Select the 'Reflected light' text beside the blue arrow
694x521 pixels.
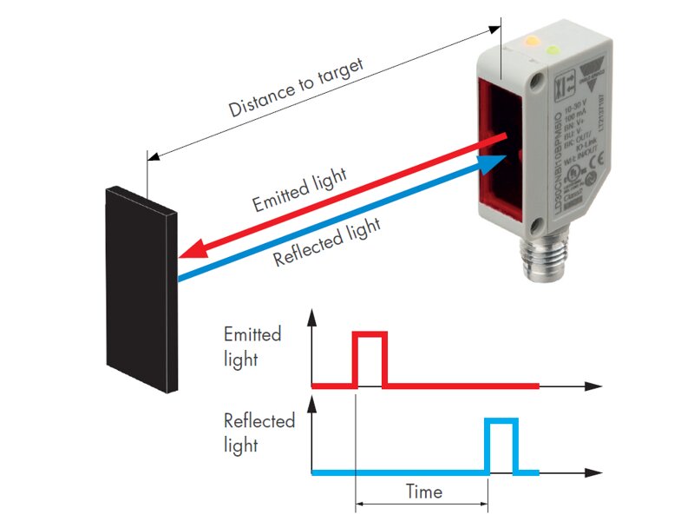[x=326, y=244]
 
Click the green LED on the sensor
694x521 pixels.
[x=553, y=50]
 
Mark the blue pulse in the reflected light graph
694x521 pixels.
[x=501, y=445]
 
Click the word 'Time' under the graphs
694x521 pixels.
[x=423, y=492]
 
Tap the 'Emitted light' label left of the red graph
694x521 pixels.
[x=252, y=346]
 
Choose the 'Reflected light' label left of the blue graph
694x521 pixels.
[x=259, y=433]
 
